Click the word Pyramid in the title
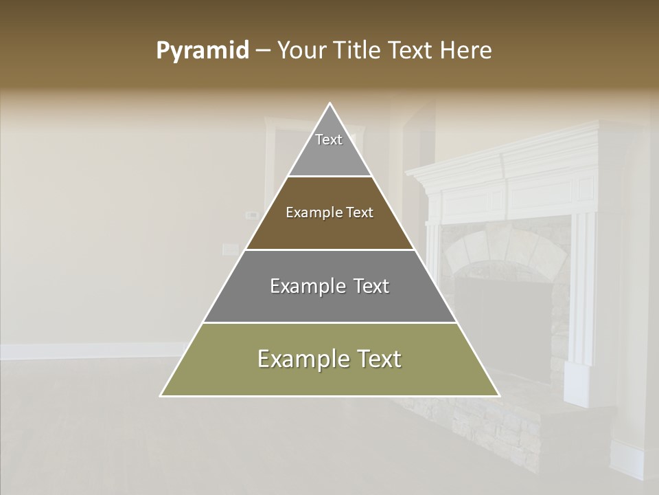pos(202,51)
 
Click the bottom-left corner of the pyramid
pos(162,395)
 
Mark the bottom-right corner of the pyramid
pos(498,395)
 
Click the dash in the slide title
pos(262,51)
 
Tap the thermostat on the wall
pos(252,215)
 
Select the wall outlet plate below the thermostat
pos(231,249)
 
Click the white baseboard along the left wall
pos(89,351)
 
